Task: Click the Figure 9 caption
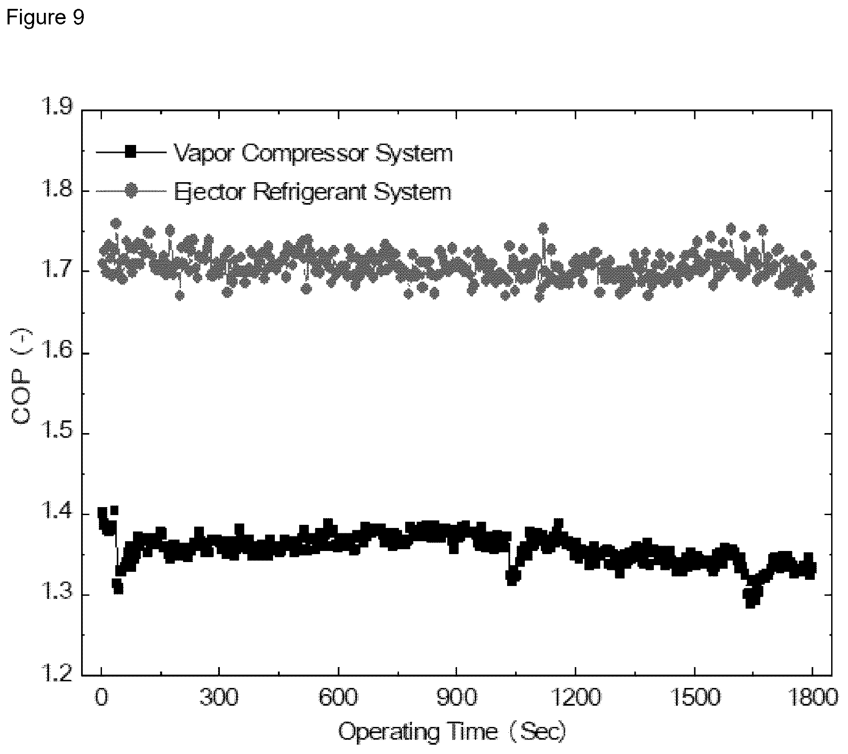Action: (x=45, y=17)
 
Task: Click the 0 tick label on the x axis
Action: (x=102, y=697)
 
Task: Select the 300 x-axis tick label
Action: (x=219, y=697)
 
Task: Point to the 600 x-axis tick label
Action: (x=338, y=697)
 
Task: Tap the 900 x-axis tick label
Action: (x=456, y=697)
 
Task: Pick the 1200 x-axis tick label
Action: (x=575, y=697)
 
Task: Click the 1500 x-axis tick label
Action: (x=694, y=697)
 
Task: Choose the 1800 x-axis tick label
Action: (x=812, y=697)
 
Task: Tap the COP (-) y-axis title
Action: (x=23, y=377)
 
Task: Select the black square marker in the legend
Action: (x=130, y=152)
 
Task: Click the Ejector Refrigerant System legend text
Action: (x=313, y=192)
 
